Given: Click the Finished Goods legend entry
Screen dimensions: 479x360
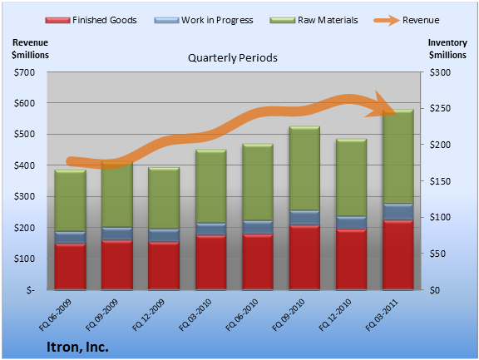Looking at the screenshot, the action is (91, 20).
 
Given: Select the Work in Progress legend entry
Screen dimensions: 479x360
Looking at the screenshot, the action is (204, 20).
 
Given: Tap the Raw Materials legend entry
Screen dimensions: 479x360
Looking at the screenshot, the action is (314, 20).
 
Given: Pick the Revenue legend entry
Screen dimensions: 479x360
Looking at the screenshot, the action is (407, 20).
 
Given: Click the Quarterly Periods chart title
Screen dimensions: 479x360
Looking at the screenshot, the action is (233, 57).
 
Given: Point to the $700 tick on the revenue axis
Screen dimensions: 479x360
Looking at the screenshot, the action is (24, 72).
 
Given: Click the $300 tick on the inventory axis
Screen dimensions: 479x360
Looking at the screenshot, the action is (440, 72).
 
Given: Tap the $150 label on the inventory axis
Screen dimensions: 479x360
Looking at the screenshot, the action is (440, 181).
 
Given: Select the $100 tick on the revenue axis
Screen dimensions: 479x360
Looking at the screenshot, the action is (24, 259).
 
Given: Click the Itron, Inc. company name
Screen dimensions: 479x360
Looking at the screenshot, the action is (77, 347).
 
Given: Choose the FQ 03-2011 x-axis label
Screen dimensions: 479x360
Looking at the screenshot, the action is (382, 315).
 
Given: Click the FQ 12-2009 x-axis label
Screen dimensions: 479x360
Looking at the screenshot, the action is (149, 315).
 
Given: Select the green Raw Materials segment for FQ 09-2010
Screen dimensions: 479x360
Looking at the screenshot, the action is (304, 168).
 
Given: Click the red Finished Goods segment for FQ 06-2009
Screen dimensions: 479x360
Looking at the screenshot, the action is (70, 266).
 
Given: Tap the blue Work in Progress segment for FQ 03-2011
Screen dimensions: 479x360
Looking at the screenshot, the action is (398, 212).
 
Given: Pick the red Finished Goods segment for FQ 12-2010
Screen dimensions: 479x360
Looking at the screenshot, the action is (351, 259).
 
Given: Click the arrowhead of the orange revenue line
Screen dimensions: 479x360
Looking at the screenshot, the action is (382, 106).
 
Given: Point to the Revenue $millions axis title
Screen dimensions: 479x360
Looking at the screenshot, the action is (30, 49).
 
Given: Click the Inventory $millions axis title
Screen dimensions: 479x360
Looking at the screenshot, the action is (447, 49).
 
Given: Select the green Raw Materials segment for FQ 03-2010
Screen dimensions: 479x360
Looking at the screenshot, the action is (211, 186).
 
